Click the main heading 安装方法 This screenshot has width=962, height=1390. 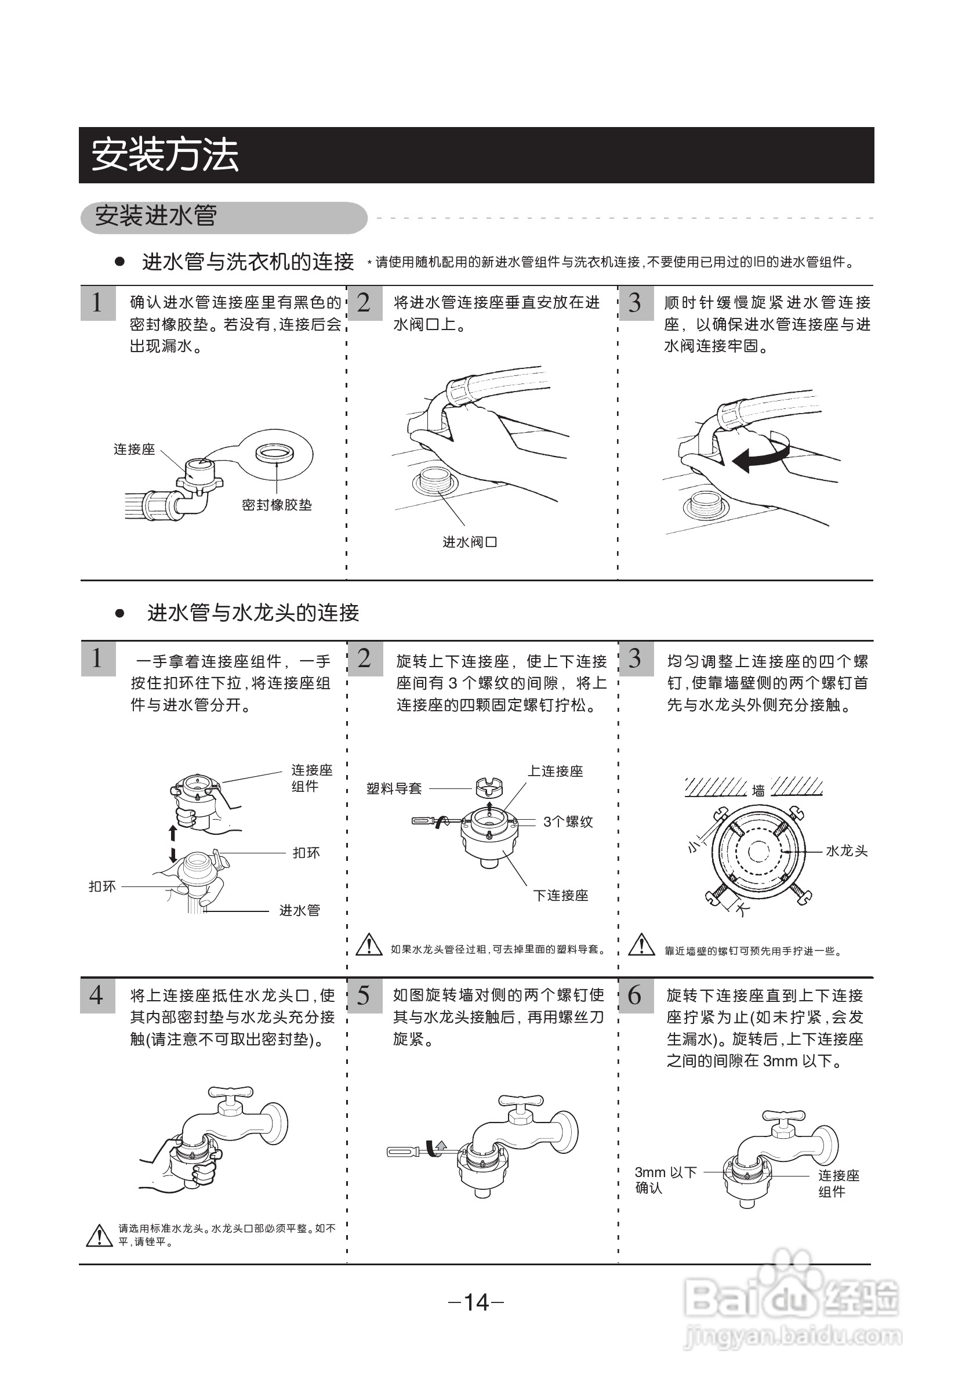click(x=165, y=155)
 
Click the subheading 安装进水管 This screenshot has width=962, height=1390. click(x=156, y=216)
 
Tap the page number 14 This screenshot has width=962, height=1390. click(x=476, y=1302)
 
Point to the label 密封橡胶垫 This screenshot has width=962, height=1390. click(x=277, y=505)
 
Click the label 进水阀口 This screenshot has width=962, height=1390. click(x=470, y=542)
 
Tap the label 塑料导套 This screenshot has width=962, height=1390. click(x=394, y=789)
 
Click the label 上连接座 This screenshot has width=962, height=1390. click(x=555, y=771)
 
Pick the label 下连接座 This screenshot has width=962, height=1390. click(x=561, y=896)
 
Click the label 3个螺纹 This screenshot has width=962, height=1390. click(x=568, y=822)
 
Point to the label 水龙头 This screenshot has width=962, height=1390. click(x=846, y=851)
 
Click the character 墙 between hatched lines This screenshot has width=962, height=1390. click(x=758, y=790)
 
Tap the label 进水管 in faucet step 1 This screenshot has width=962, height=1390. click(x=299, y=910)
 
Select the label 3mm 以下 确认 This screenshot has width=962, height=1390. click(x=665, y=1179)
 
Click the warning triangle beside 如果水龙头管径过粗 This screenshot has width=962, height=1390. click(x=369, y=945)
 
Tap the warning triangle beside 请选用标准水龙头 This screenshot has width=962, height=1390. click(x=99, y=1235)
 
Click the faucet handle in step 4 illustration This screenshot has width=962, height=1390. click(x=230, y=1091)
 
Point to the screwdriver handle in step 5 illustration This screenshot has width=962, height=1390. click(x=402, y=1152)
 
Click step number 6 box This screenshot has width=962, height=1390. click(x=636, y=996)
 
